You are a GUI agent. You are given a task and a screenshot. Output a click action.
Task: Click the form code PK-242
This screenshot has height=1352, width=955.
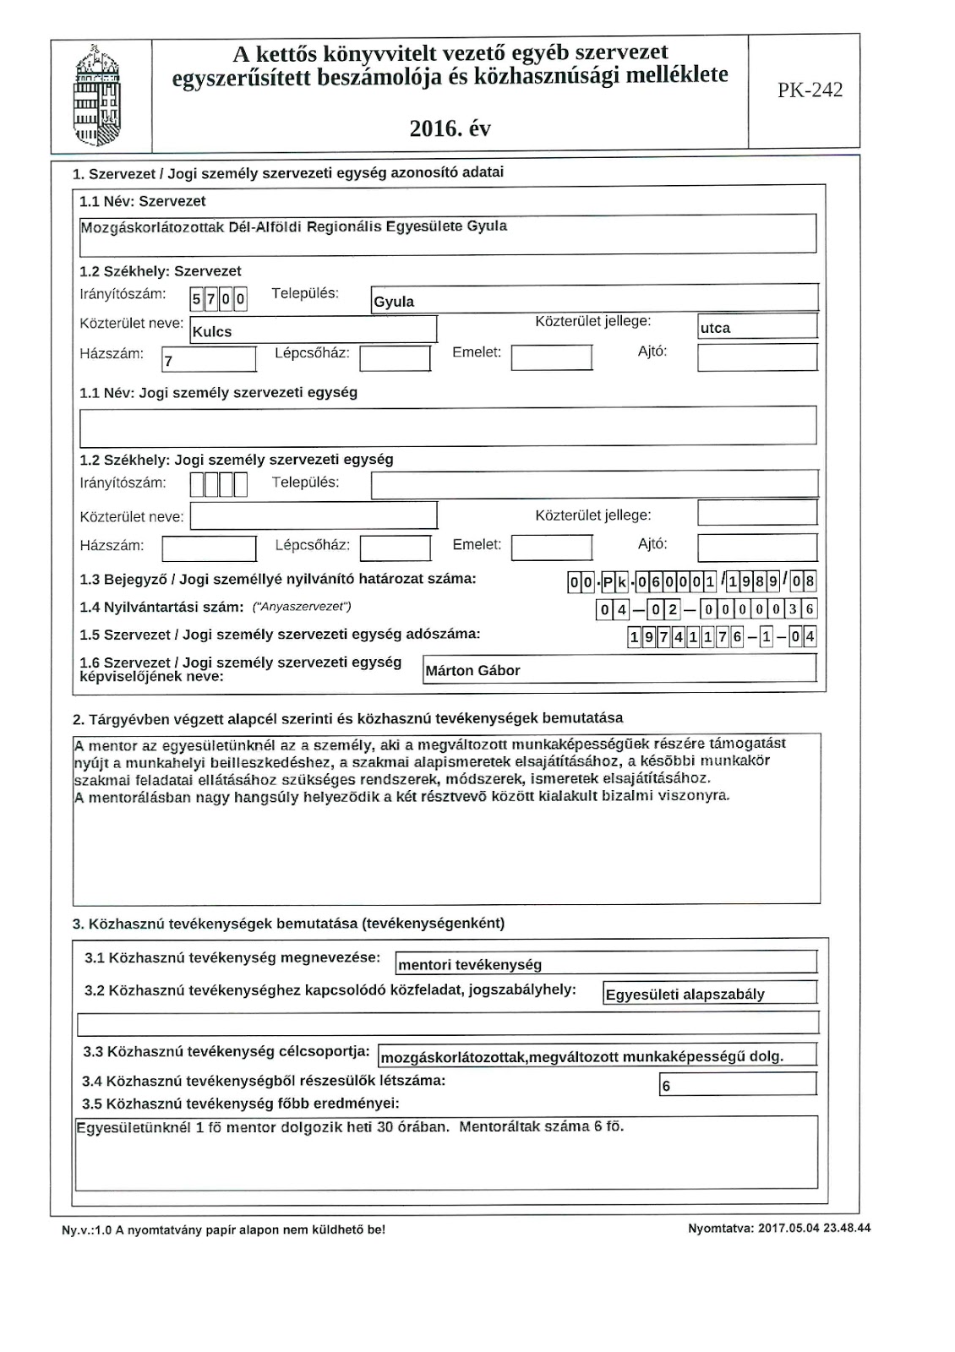(x=810, y=91)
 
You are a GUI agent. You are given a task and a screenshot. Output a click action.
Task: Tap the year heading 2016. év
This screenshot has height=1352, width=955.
(x=450, y=128)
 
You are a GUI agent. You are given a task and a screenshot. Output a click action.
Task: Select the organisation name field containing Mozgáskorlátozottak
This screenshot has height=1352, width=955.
(x=447, y=234)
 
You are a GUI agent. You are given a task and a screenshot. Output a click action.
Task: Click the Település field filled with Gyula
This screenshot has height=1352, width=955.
(x=594, y=298)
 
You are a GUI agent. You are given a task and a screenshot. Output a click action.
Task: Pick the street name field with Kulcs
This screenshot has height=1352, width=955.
(x=313, y=330)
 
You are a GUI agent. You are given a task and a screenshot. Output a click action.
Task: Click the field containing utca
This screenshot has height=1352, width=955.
(x=757, y=327)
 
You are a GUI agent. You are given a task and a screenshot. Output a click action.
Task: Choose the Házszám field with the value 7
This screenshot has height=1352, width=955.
(x=209, y=359)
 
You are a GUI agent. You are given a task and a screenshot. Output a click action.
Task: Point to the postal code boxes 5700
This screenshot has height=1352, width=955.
(x=219, y=298)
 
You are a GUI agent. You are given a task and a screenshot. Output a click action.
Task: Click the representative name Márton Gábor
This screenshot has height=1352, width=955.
(x=619, y=669)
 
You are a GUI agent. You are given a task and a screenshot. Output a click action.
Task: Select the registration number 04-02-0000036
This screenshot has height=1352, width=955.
(x=706, y=609)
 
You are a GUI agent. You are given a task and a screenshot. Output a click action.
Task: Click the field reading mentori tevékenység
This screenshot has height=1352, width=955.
(x=605, y=963)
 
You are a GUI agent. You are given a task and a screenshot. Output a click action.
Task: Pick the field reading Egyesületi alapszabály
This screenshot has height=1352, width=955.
(x=710, y=993)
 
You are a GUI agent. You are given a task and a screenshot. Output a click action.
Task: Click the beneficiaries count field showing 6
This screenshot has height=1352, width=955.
(x=737, y=1084)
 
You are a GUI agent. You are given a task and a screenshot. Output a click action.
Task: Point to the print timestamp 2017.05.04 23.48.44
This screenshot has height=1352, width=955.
(x=779, y=1229)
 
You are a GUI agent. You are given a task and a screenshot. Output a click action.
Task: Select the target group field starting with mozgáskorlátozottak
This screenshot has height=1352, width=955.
(x=597, y=1055)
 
